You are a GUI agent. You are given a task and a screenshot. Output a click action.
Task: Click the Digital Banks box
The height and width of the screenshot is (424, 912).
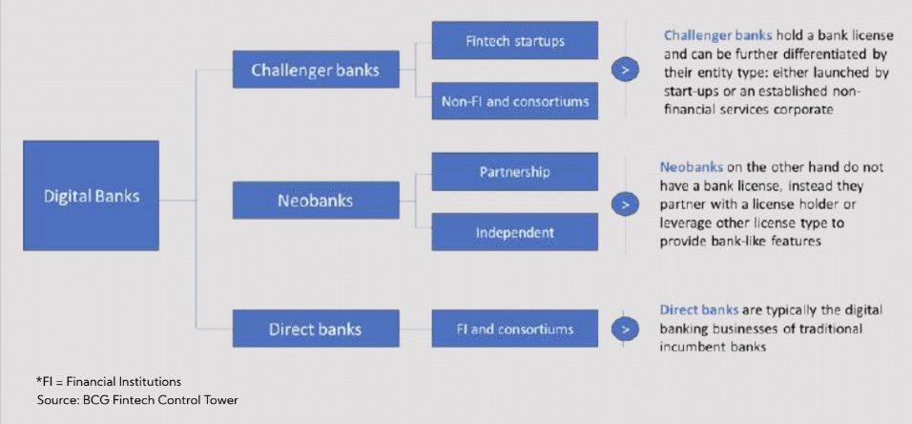[91, 196]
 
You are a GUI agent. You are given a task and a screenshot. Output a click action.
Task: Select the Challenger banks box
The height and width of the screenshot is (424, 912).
[316, 70]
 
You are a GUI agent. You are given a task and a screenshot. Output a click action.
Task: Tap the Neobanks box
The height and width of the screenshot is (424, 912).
[316, 201]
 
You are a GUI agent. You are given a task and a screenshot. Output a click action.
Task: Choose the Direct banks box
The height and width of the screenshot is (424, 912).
[316, 329]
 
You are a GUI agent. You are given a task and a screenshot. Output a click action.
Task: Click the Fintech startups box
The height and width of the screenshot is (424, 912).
[515, 41]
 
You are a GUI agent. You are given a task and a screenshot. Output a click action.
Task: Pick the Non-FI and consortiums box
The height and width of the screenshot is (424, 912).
[515, 100]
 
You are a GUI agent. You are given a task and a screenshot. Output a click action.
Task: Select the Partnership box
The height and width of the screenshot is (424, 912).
[515, 172]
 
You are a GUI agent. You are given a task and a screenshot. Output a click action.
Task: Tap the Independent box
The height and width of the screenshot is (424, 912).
[515, 232]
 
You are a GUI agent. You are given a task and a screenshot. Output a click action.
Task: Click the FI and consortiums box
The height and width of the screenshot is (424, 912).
[515, 329]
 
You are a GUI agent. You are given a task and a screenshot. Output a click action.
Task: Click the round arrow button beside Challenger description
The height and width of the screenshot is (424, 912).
[625, 70]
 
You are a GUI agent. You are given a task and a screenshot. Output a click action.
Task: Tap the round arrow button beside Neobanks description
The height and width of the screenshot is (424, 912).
[625, 202]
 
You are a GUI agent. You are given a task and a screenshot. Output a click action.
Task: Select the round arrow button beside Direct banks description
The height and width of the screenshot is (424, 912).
[625, 329]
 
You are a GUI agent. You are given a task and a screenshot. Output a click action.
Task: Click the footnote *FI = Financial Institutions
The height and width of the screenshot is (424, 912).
[108, 382]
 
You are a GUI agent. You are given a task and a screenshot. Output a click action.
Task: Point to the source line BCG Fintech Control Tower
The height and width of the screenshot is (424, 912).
[136, 400]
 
